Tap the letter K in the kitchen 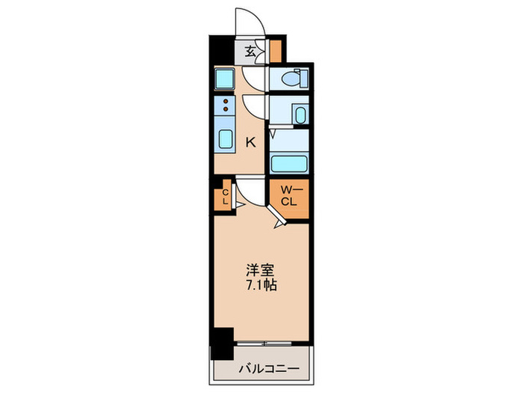252,141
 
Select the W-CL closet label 289,196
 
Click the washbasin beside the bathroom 300,115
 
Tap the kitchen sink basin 226,140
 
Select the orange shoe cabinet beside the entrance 276,51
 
